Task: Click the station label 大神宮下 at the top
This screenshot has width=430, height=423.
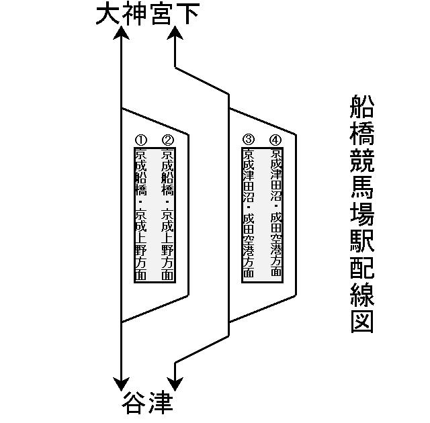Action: click(x=147, y=14)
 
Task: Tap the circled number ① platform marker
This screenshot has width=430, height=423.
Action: click(x=141, y=140)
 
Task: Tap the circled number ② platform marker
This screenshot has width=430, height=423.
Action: click(x=168, y=140)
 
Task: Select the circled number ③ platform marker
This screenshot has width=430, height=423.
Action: click(x=249, y=140)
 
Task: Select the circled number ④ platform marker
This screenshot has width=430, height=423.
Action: click(x=275, y=140)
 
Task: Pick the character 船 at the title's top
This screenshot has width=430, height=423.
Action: click(x=362, y=108)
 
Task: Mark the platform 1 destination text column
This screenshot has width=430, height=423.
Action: click(x=141, y=215)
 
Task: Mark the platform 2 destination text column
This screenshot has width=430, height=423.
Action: click(x=168, y=215)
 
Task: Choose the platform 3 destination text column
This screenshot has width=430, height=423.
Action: click(x=249, y=214)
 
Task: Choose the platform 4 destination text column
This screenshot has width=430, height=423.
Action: click(x=275, y=214)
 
